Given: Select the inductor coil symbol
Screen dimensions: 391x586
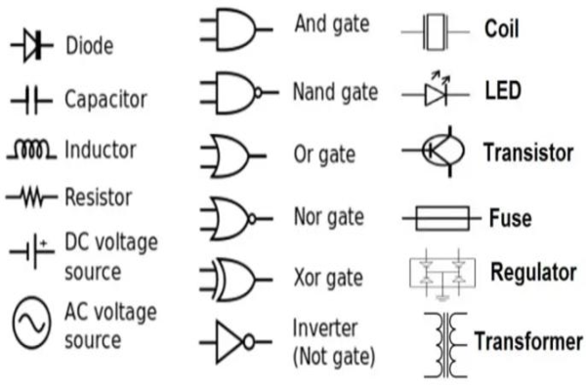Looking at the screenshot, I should coord(34,151).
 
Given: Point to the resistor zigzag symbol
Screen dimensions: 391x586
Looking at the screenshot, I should coord(34,197).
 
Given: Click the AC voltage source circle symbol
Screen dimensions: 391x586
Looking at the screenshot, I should coord(32,325).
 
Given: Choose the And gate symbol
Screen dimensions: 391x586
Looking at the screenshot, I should coord(232,32).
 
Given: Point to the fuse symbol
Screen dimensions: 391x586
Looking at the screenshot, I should coord(442,217).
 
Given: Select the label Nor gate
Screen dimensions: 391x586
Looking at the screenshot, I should coord(328,216).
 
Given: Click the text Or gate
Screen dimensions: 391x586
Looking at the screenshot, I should coord(324,155).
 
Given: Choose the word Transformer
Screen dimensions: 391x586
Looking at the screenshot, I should coord(527,341).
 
